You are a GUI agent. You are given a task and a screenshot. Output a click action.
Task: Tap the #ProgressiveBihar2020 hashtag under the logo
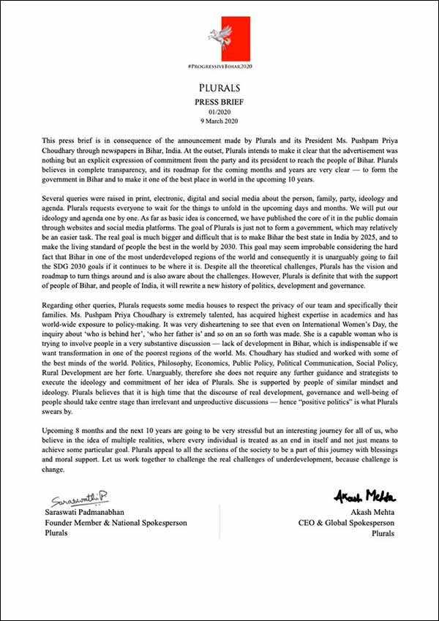(219, 67)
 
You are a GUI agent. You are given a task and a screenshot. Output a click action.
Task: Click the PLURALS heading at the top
(219, 88)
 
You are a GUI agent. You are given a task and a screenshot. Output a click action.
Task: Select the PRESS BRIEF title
(219, 102)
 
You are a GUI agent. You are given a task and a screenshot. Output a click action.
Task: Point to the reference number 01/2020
(219, 112)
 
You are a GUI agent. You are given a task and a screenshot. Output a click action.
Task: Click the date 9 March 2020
(219, 121)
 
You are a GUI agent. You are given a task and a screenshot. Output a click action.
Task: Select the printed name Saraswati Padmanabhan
(93, 512)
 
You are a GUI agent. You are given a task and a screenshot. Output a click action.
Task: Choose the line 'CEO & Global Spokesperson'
(347, 522)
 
